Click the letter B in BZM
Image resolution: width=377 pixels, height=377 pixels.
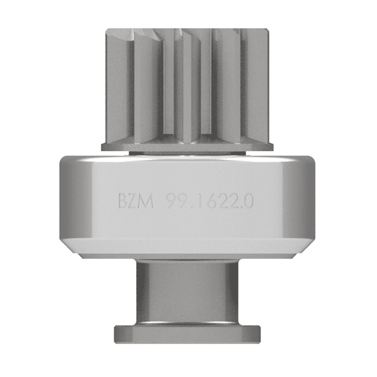(123, 203)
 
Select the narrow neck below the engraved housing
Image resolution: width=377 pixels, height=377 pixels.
(186, 291)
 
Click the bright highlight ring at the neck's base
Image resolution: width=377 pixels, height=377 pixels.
(186, 322)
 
